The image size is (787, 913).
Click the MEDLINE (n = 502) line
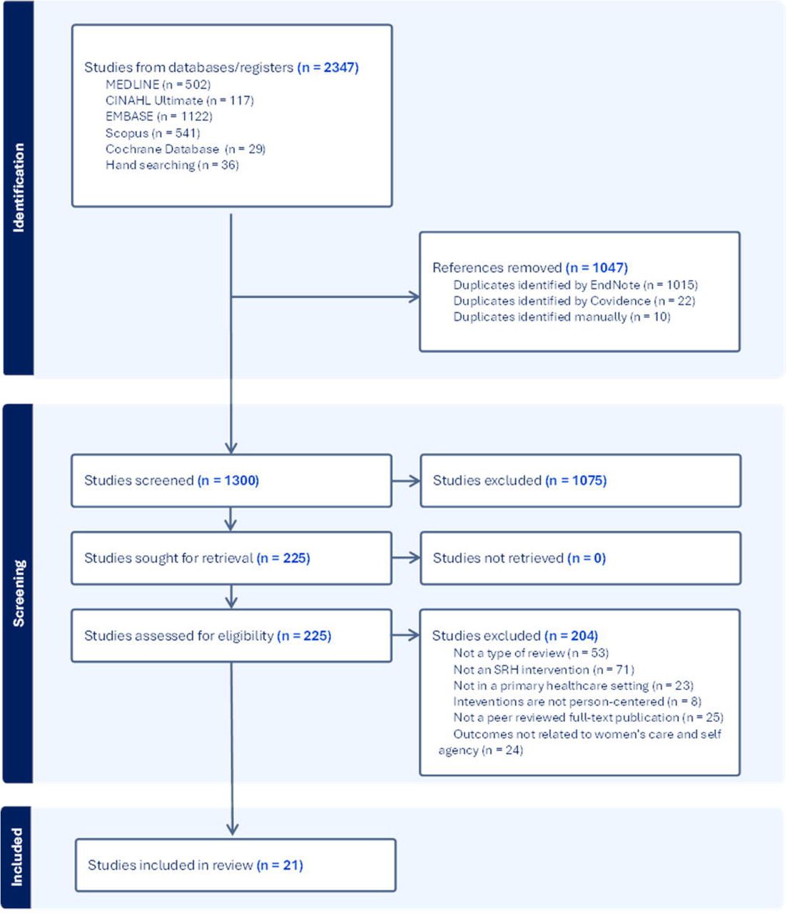point(158,84)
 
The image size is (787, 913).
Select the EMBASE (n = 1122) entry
point(158,116)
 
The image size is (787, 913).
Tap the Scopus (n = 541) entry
point(153,133)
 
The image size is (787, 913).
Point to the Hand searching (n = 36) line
point(172,165)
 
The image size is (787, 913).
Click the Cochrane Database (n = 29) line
point(185,149)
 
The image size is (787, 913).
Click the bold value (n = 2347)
point(328,68)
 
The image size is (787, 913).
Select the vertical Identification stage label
point(18,188)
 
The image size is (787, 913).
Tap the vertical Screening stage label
point(19,593)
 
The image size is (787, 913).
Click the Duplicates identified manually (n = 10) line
point(562,317)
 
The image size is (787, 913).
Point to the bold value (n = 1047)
point(596,267)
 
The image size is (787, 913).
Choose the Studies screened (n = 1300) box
point(232,481)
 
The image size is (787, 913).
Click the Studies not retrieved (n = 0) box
point(581,558)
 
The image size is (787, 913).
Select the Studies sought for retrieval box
point(232,558)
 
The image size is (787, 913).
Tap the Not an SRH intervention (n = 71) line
point(544,670)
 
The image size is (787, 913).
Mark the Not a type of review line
point(531,653)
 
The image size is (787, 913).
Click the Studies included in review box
point(235,865)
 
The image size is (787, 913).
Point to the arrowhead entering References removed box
point(415,297)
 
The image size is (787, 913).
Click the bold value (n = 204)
point(572,636)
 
